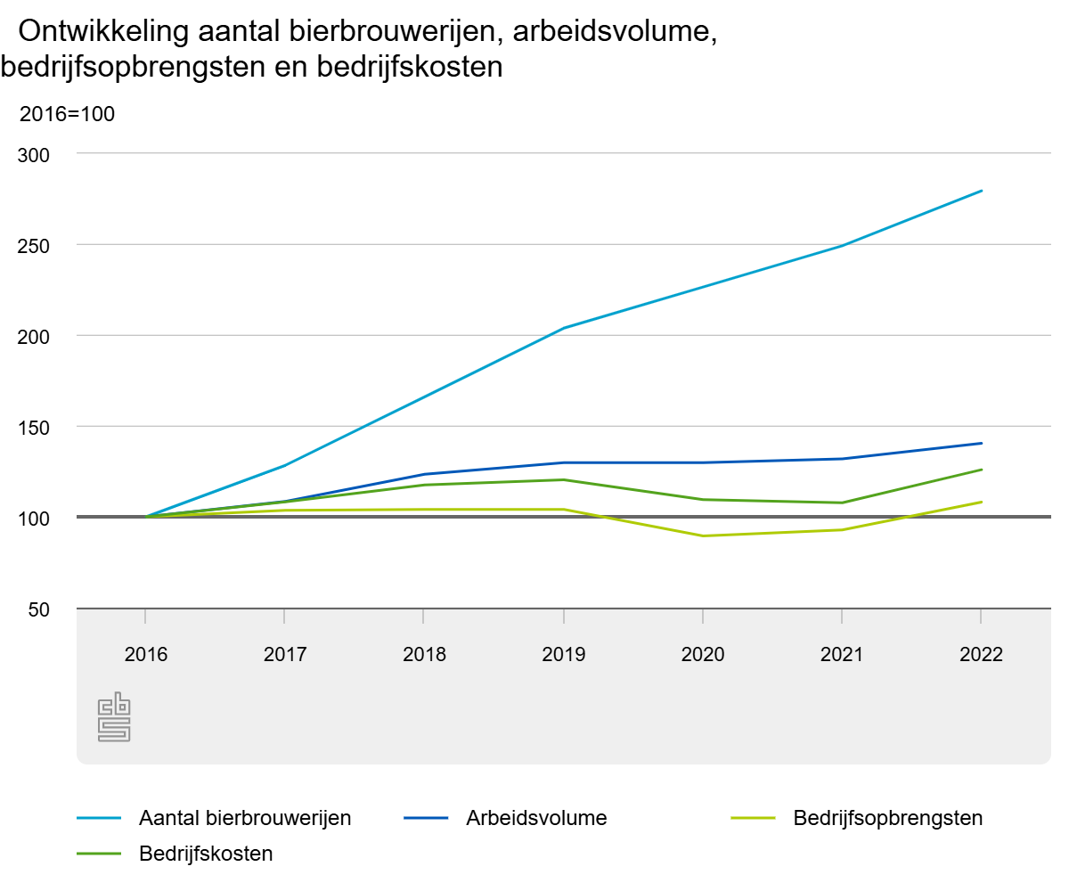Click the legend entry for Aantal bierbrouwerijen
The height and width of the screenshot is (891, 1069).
245,818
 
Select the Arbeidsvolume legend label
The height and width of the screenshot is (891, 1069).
535,818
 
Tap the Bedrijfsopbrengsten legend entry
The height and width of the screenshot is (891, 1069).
887,818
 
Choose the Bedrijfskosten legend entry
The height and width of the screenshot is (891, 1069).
206,854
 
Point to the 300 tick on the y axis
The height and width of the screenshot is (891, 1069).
35,154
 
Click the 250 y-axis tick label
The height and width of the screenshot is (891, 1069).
35,245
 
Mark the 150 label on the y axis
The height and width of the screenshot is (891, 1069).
35,427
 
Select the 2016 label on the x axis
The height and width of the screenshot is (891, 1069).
145,655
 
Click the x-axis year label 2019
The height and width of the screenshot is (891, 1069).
563,655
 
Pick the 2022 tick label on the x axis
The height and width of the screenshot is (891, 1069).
981,655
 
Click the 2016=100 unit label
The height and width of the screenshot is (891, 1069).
68,114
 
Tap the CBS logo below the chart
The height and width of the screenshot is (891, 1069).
114,719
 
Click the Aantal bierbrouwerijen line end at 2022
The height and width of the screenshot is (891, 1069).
981,191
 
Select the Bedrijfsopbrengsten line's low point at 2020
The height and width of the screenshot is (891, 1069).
703,535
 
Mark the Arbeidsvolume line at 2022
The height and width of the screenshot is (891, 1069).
981,443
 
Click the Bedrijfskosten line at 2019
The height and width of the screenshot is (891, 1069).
563,479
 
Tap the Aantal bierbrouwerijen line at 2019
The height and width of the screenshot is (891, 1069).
563,328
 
